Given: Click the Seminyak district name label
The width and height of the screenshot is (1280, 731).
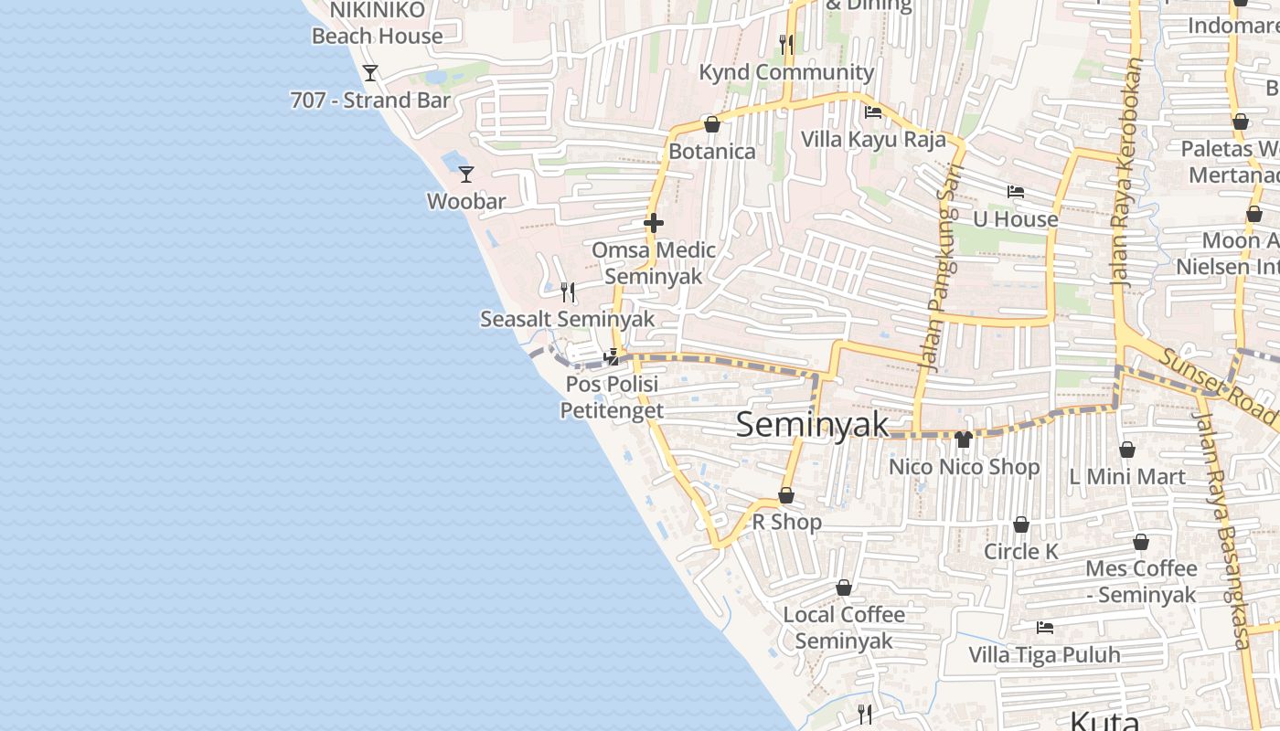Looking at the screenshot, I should [812, 425].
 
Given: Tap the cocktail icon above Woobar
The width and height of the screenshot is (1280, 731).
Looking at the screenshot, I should [466, 174].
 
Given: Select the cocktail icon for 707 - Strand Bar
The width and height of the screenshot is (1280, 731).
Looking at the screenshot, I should [370, 73].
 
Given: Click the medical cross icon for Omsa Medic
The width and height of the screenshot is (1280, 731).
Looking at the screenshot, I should [653, 223].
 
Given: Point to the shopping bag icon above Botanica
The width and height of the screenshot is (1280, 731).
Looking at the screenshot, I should [712, 124].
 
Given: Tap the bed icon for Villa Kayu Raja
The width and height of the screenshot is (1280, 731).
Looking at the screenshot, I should [873, 113].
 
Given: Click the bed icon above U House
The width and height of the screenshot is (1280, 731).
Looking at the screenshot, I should [1015, 192].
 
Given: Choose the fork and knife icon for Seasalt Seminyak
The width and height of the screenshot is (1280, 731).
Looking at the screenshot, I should [569, 292].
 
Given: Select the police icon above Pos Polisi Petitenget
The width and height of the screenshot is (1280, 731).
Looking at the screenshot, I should [612, 357].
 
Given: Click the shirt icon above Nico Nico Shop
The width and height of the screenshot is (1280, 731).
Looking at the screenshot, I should [963, 440].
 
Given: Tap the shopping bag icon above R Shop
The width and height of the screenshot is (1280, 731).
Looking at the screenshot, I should [786, 496].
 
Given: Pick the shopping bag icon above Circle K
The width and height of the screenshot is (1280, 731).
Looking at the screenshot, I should [1021, 525].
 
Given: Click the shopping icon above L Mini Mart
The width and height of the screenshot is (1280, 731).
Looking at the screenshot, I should [1127, 450].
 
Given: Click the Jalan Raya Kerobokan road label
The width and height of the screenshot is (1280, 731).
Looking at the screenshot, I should [1127, 174].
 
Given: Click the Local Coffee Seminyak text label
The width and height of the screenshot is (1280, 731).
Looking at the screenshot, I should [844, 627].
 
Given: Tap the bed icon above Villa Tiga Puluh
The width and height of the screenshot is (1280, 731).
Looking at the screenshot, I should [1045, 628].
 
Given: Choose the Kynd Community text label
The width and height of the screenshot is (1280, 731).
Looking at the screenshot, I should [786, 72].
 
